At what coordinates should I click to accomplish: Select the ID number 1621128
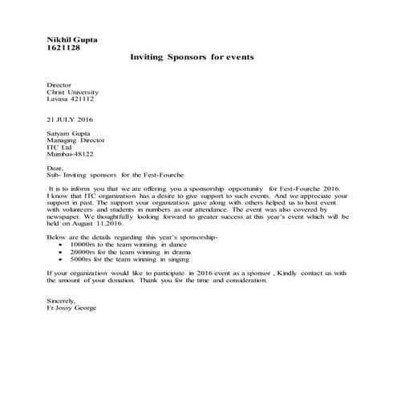point(63,48)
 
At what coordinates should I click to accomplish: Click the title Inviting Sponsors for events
point(192,59)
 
